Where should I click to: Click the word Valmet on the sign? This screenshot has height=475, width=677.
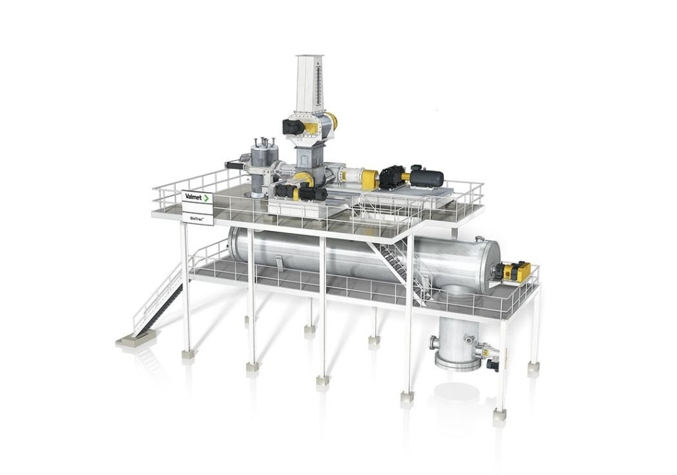[194, 197]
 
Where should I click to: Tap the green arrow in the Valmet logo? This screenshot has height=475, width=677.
[207, 198]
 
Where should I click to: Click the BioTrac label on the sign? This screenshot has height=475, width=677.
[196, 219]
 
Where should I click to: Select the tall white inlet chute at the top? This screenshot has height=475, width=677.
[309, 85]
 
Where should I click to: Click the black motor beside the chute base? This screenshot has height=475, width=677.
[293, 126]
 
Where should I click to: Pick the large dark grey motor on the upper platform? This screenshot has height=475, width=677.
[427, 178]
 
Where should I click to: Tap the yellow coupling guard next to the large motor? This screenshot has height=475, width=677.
[405, 176]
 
